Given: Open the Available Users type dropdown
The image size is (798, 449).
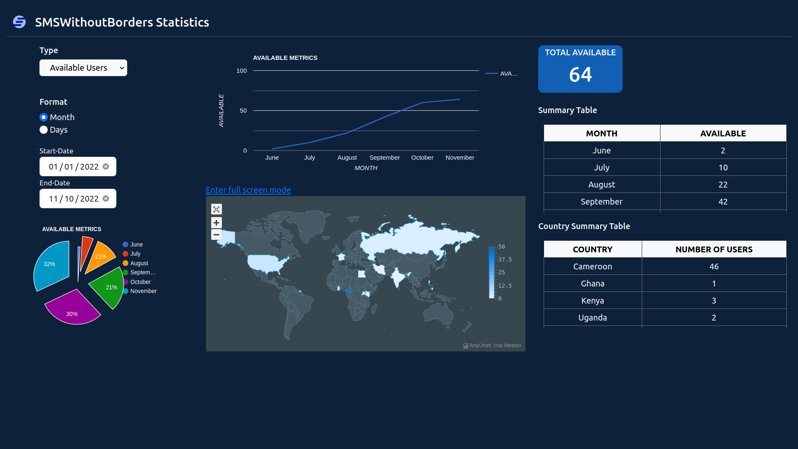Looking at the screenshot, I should point(83,68).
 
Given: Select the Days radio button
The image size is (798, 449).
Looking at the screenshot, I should point(44,130).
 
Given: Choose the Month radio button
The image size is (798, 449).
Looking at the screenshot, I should point(44,117).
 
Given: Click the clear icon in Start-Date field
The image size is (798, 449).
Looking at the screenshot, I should point(106,167).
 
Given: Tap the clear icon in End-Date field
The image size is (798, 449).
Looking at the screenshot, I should point(106,199).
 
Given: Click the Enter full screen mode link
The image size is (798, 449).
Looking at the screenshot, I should point(248,190).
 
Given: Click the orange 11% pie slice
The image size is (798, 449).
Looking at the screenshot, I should point(100,257).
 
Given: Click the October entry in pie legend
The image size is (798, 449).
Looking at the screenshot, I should point(140,282).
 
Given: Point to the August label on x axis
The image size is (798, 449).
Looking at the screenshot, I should point(347,158).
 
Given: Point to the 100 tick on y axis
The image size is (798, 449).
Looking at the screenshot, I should point(241,71).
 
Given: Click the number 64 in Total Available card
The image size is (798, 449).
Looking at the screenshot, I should point(580,75).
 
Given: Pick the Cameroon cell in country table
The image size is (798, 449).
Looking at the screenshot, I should point(592,266).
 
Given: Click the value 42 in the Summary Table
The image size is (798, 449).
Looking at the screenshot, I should point(723,202).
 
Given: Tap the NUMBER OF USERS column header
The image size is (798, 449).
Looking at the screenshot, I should point(714,249).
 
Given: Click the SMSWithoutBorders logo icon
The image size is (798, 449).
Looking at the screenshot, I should point(19,22).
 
